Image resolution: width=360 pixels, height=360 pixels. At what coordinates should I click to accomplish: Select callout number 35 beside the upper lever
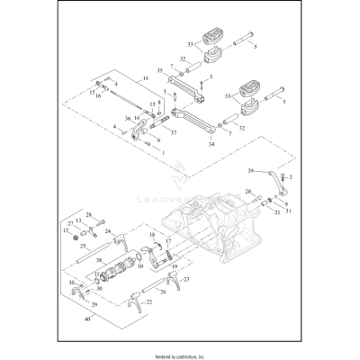point(160,68)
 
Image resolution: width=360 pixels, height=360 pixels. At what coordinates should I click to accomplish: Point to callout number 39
point(253,169)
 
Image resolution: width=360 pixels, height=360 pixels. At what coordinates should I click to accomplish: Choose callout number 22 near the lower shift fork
point(149,302)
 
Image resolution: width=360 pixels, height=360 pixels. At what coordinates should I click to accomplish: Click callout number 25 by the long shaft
point(83,245)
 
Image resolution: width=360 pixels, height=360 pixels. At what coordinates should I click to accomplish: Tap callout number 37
point(173,131)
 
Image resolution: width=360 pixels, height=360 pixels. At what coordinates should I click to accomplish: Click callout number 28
point(89,215)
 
